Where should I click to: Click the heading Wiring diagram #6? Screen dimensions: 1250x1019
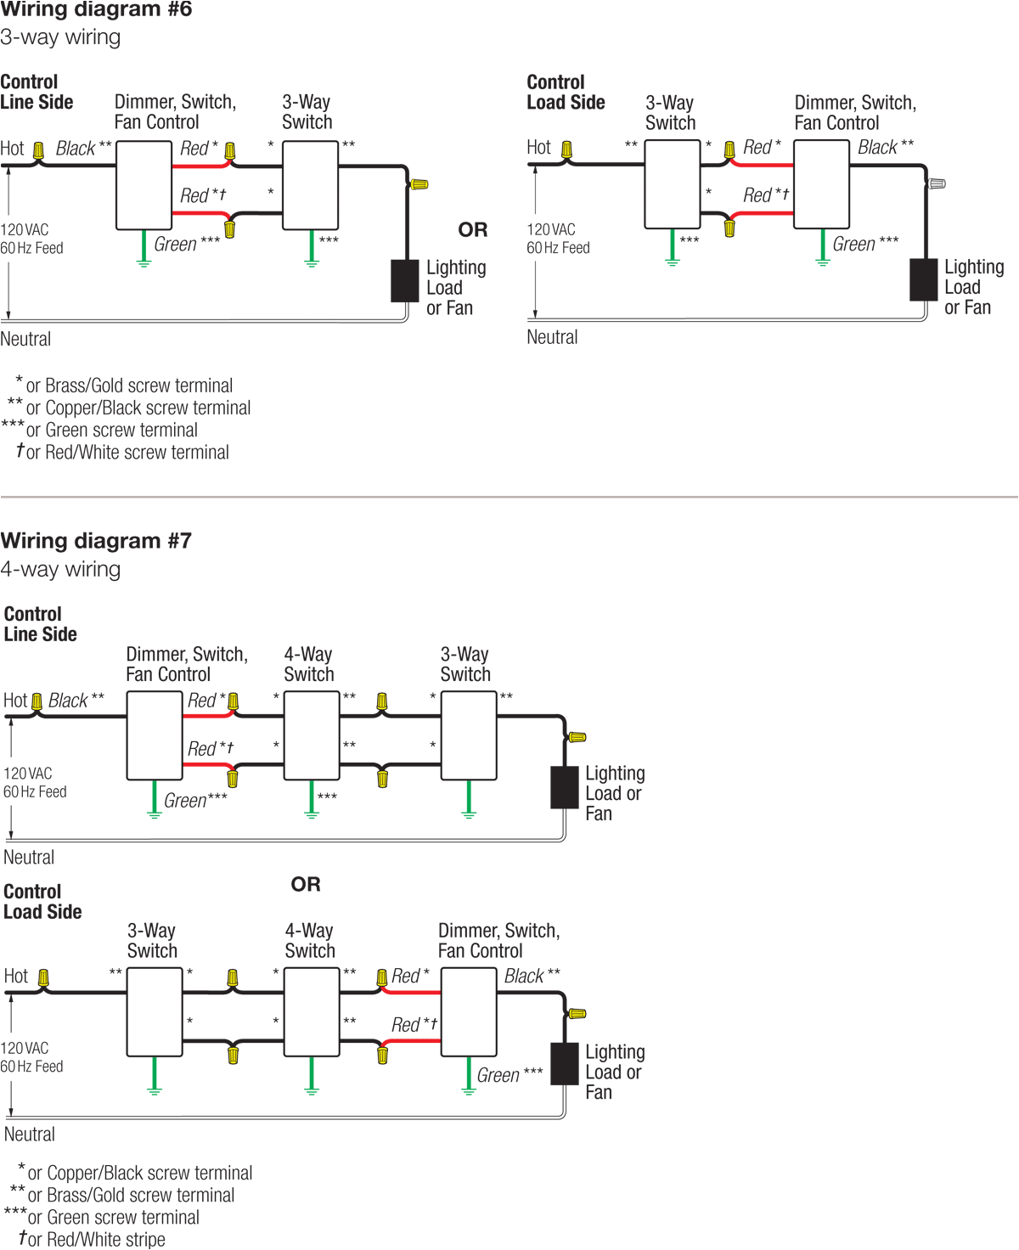click(x=96, y=10)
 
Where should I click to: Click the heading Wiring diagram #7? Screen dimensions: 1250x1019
click(x=96, y=541)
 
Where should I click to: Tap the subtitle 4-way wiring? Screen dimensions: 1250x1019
click(x=60, y=569)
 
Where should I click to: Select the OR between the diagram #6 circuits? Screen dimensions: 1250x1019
click(x=473, y=230)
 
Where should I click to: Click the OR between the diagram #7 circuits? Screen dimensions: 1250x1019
click(x=306, y=884)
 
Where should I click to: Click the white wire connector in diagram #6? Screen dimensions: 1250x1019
click(x=937, y=183)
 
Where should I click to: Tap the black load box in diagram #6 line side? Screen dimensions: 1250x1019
click(x=405, y=281)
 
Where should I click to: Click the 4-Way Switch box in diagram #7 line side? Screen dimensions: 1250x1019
click(x=312, y=735)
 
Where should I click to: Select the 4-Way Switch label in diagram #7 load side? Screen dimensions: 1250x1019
click(x=310, y=941)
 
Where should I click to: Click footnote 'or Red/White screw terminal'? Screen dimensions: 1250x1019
click(x=127, y=453)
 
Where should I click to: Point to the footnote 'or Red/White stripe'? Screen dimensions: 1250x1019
click(x=95, y=1239)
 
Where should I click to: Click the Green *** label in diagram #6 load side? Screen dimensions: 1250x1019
click(x=864, y=245)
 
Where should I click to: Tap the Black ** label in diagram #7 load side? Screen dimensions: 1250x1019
click(x=532, y=977)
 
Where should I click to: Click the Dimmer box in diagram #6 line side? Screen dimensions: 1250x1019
click(x=144, y=185)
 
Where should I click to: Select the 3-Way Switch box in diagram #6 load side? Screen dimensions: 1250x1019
click(x=673, y=184)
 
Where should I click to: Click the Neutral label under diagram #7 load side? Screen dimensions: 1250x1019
click(x=30, y=1135)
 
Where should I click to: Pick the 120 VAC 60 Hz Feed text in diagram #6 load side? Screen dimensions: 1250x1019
click(x=558, y=239)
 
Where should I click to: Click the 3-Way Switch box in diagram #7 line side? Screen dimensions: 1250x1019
click(x=469, y=735)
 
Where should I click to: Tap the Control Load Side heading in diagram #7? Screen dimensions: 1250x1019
click(x=42, y=902)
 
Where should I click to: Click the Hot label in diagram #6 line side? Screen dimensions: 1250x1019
click(x=13, y=149)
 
